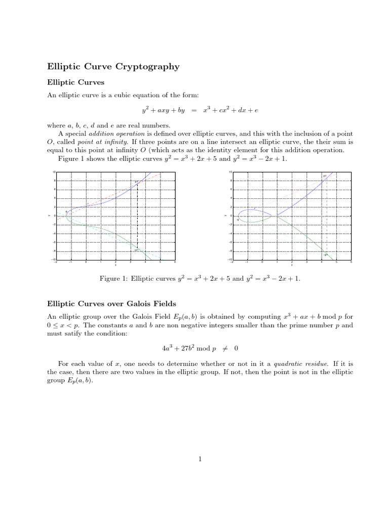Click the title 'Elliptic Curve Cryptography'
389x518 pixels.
pyautogui.click(x=113, y=66)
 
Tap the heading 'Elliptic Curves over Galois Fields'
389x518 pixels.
pyautogui.click(x=111, y=304)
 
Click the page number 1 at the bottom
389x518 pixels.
pyautogui.click(x=201, y=459)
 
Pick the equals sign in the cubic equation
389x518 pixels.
pyautogui.click(x=194, y=110)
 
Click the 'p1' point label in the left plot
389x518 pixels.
pyautogui.click(x=137, y=182)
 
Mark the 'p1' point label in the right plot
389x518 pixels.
pyautogui.click(x=325, y=176)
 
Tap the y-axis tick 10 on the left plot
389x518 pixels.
pyautogui.click(x=54, y=172)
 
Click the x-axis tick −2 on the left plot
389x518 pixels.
pyautogui.click(x=56, y=263)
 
